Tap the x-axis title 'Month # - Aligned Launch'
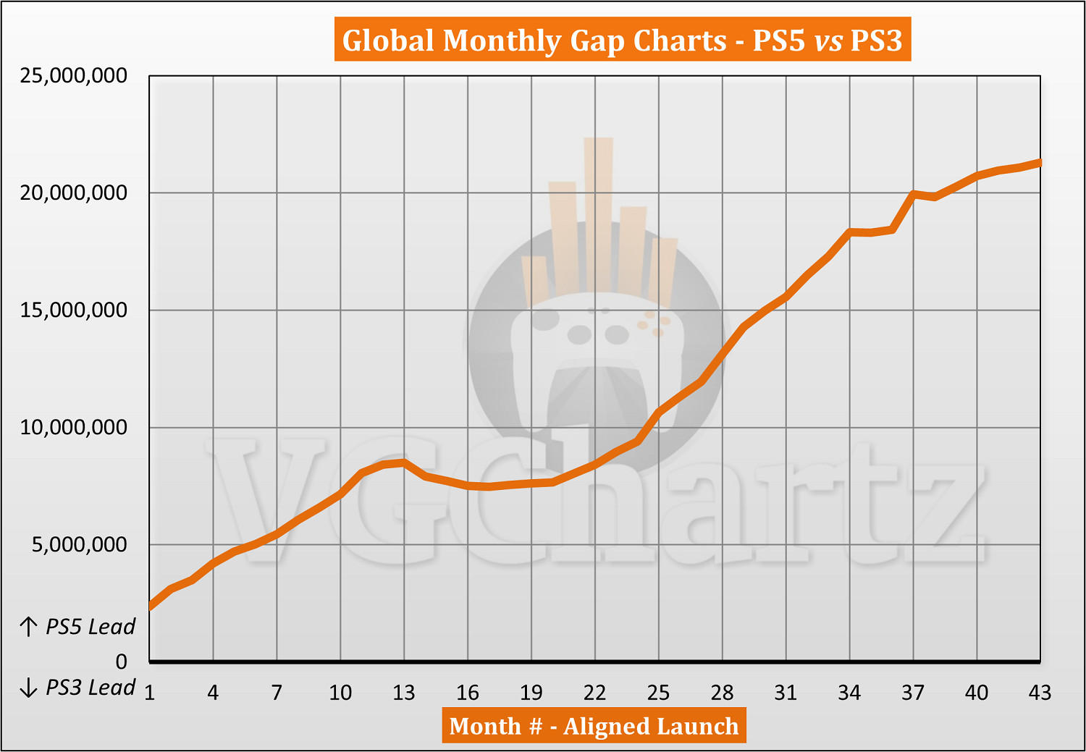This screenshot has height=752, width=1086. tap(594, 726)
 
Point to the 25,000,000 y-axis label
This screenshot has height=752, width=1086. tap(74, 75)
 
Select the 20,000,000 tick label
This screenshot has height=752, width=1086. tap(74, 193)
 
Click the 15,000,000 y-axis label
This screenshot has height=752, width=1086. tap(74, 310)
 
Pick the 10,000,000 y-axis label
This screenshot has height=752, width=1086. tap(74, 427)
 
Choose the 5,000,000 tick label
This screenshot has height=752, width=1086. tap(80, 544)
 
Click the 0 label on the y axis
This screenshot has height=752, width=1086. tap(121, 662)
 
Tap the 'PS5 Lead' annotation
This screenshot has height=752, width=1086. tap(78, 627)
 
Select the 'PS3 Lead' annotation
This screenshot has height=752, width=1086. tap(78, 688)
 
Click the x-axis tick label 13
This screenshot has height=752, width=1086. tap(404, 693)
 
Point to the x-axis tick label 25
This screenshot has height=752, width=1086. tap(658, 693)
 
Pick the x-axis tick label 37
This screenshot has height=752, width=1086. tap(913, 693)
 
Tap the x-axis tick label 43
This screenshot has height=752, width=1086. tap(1040, 693)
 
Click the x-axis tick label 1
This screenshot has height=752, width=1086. tap(150, 693)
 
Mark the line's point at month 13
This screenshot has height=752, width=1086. tap(404, 462)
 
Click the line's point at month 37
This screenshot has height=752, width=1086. tap(913, 194)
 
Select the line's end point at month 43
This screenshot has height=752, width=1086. tap(1040, 163)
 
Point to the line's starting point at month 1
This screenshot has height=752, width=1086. tap(151, 606)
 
